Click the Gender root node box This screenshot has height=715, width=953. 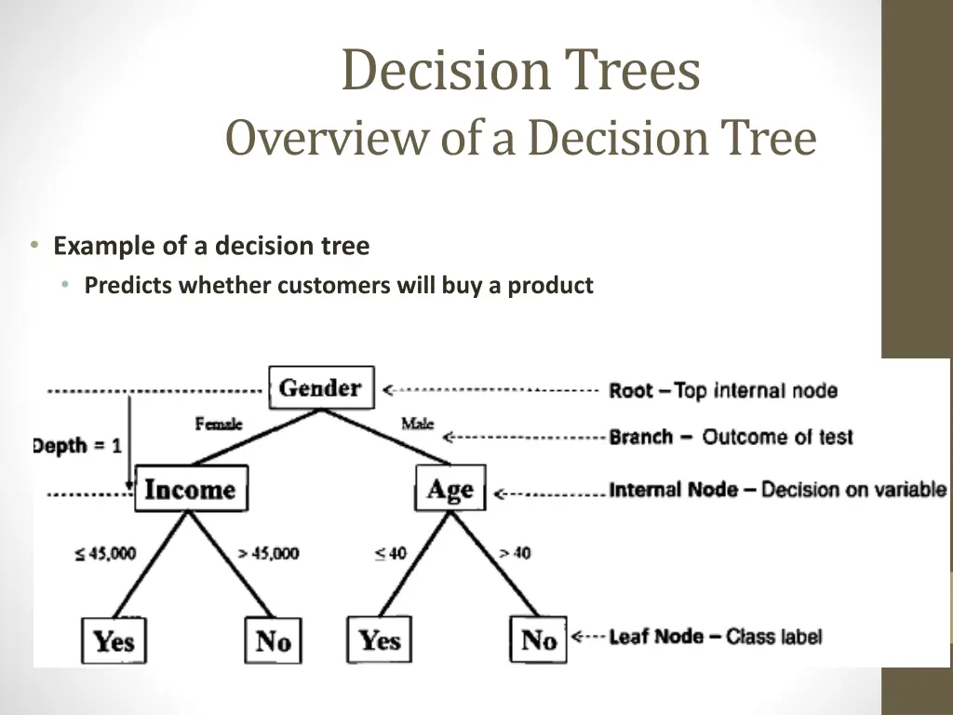click(321, 387)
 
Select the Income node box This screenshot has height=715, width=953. click(191, 489)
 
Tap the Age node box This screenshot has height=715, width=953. click(450, 489)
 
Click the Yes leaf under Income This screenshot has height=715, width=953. click(114, 641)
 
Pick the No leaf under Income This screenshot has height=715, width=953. click(273, 641)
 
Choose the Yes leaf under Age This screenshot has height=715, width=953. click(379, 640)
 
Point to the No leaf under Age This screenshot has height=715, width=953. click(538, 640)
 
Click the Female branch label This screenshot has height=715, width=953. click(219, 424)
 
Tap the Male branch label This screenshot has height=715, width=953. click(417, 424)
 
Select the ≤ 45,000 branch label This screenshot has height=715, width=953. click(105, 553)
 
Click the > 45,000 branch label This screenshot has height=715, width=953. click(268, 553)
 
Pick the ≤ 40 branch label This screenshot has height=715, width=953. click(391, 553)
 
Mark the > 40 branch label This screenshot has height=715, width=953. click(515, 553)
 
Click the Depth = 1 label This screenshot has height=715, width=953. click(77, 445)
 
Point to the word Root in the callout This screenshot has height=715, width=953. click(631, 391)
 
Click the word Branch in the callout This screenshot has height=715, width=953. click(640, 437)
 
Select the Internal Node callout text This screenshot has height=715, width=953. click(675, 490)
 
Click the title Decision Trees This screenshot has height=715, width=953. click(520, 72)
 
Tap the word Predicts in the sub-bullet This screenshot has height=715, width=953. click(128, 286)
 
